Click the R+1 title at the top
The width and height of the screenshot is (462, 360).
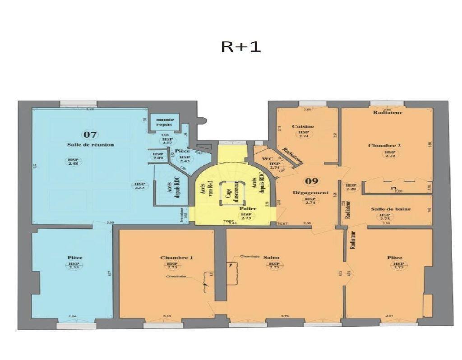[240, 46]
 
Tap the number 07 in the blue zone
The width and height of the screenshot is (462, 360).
[90, 134]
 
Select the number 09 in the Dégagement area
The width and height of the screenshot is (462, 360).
[311, 181]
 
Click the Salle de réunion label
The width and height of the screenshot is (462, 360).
[90, 145]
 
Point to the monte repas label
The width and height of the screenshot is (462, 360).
[165, 122]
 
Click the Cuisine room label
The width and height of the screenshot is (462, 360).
[303, 126]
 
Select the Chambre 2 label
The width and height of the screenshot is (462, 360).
[384, 145]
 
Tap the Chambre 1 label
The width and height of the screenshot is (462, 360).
[176, 258]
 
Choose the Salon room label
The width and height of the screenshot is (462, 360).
[272, 258]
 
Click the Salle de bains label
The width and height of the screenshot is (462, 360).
[391, 209]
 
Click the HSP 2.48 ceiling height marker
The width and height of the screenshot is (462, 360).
[72, 162]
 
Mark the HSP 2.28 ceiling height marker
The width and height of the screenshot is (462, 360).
[351, 187]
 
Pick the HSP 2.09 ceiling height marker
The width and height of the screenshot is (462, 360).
[158, 156]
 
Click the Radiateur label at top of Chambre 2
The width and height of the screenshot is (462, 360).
[388, 112]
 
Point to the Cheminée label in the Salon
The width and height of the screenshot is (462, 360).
[249, 256]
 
